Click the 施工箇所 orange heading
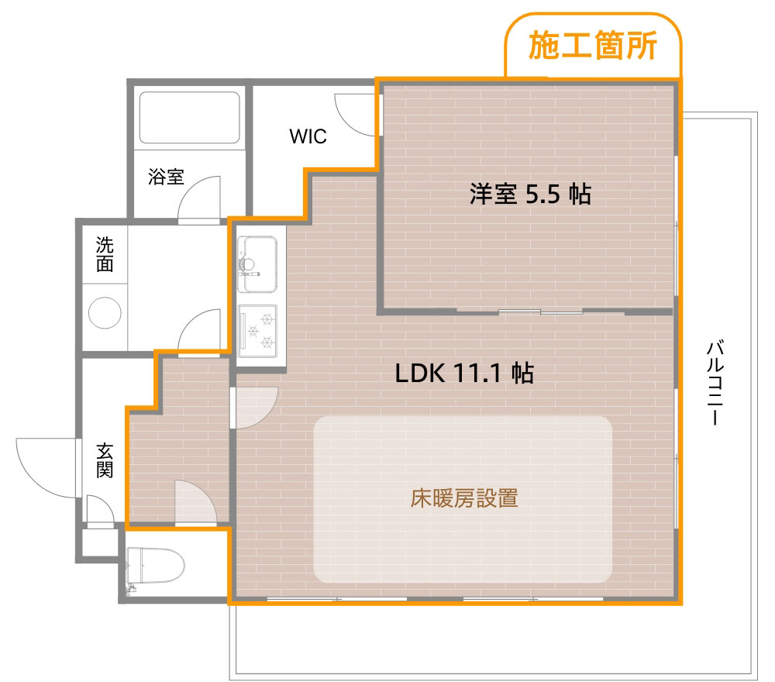(x=593, y=46)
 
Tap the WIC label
(x=308, y=137)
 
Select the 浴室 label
(x=166, y=177)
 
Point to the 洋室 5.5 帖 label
(x=530, y=194)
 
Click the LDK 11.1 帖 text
(x=463, y=374)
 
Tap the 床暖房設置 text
(x=463, y=498)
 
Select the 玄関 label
(x=105, y=460)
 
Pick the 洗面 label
(x=105, y=255)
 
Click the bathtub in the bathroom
(x=188, y=118)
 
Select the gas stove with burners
(x=258, y=329)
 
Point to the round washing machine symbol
(x=105, y=315)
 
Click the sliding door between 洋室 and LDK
(x=540, y=312)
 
